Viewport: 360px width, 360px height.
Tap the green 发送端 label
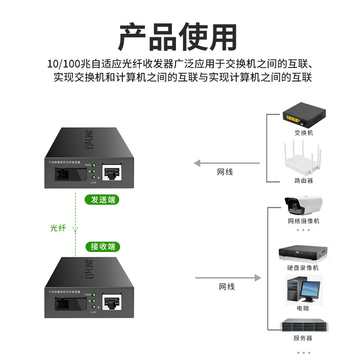coord(103,199)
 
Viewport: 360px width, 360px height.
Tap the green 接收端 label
coord(103,246)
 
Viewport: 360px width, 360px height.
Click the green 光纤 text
coord(58,228)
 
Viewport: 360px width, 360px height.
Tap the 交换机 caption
coord(303,133)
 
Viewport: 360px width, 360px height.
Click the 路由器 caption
coord(303,180)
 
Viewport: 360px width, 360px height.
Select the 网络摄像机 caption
coord(303,221)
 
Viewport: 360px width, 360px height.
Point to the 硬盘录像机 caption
coord(303,268)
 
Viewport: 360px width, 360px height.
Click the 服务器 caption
coord(303,338)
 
